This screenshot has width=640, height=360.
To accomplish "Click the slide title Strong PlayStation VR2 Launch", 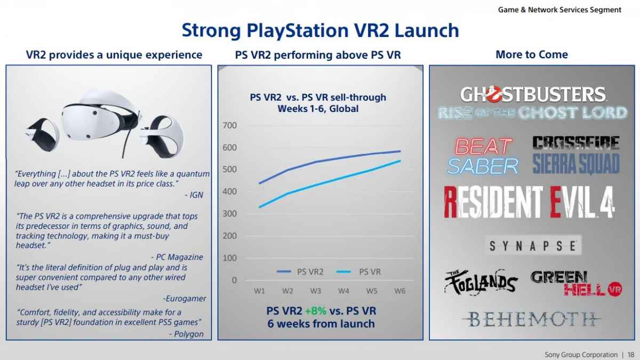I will tap(320, 30).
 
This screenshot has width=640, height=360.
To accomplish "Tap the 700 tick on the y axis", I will tap(230, 125).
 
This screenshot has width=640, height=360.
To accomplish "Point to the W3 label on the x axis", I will tap(315, 291).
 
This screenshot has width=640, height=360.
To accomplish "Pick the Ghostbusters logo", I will tap(532, 102).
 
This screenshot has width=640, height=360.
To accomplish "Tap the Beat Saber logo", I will tap(483, 156).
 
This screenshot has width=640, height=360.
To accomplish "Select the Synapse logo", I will tap(532, 246).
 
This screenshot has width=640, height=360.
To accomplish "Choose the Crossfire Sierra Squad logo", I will tap(576, 155).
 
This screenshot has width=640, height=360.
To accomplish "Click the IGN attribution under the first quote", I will tap(197, 195).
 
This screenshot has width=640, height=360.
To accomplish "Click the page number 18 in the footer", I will tap(631, 355).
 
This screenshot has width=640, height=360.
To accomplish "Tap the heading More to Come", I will tap(531, 54).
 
